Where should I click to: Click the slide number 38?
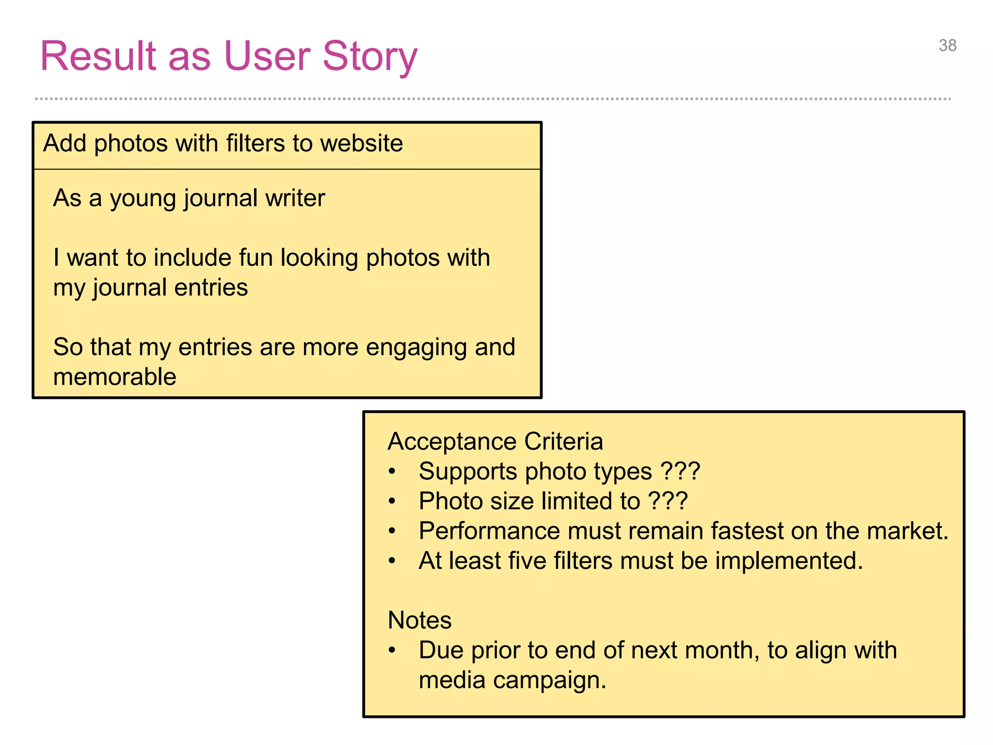947,46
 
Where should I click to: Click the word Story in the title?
369,56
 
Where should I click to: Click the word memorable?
114,377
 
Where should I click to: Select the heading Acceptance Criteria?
495,441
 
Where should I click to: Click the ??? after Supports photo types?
680,471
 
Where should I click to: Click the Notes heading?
419,620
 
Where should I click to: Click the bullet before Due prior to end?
392,650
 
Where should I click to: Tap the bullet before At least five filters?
392,561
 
